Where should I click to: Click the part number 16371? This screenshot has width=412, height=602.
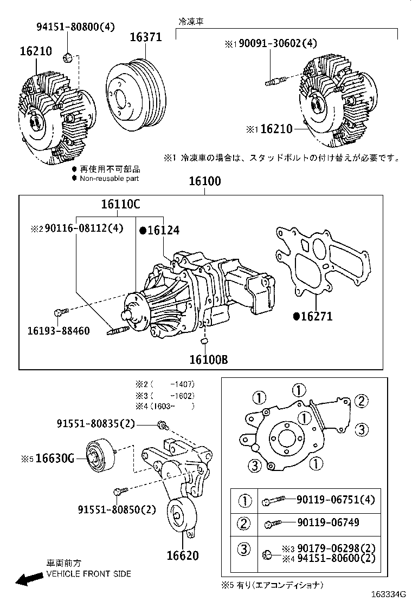point(145,37)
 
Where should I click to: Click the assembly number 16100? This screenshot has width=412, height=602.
point(204,181)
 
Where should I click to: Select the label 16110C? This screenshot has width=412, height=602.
point(120,205)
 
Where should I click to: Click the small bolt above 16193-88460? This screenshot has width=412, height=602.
point(60,312)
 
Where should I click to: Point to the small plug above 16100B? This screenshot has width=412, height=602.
point(205,341)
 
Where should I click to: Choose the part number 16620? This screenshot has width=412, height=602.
point(182,555)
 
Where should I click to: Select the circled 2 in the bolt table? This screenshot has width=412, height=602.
point(244,523)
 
